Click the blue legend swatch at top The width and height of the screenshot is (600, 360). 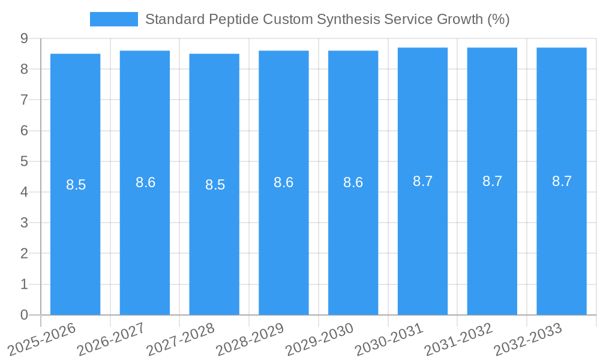coord(113,19)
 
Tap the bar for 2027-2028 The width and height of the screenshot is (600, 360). coord(214,240)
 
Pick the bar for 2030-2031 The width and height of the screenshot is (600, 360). coord(422,240)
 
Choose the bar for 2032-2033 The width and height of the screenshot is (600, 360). coord(562,240)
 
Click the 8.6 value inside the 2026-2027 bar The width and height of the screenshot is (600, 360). coord(145,183)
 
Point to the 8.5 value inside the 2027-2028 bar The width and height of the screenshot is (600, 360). coord(215,185)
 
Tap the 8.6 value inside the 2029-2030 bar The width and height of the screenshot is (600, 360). coord(353,183)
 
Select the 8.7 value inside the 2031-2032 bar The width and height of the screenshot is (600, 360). coord(492,181)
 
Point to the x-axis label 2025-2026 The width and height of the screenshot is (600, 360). coord(41,339)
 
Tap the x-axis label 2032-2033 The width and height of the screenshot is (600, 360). coord(528,339)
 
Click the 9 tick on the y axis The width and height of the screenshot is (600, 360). coord(24,38)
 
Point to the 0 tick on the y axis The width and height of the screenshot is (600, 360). coord(24,315)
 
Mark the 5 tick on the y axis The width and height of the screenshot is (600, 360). coord(24,161)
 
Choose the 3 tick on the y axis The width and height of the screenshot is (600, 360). coord(24,223)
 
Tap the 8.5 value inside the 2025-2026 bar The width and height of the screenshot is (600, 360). coord(76,185)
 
